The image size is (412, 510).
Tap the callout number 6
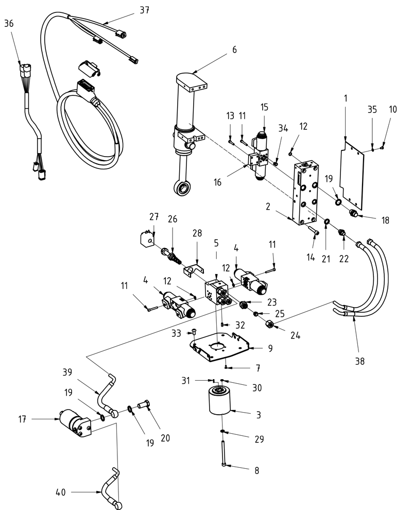tap(234, 49)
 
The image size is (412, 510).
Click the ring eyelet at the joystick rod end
tap(182, 190)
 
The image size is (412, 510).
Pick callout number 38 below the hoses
tap(359, 361)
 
